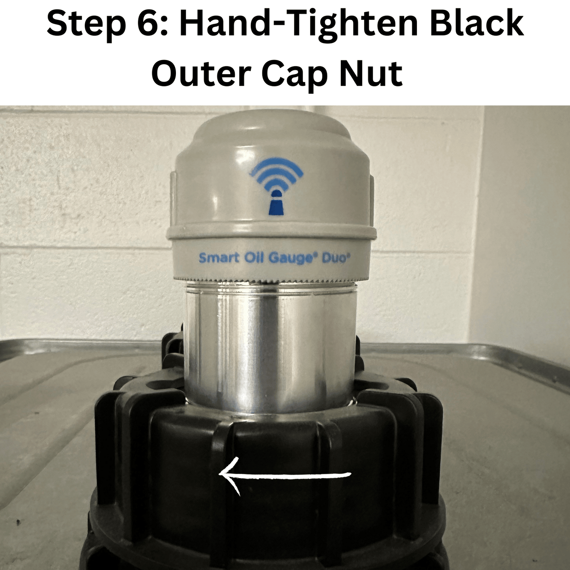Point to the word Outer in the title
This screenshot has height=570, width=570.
coord(201,74)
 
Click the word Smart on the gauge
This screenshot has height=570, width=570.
coord(219,258)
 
